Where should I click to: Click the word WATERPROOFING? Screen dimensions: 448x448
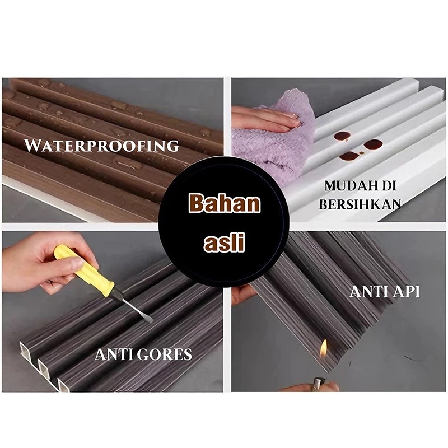(x=101, y=146)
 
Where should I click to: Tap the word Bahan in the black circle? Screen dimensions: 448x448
(x=225, y=203)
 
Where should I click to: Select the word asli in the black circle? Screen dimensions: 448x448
(x=225, y=242)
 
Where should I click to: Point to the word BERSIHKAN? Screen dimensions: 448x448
(x=360, y=204)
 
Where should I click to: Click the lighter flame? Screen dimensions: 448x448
(x=323, y=349)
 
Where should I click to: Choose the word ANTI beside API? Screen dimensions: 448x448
(x=367, y=292)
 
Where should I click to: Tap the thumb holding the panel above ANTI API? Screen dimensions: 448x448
(x=243, y=295)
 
